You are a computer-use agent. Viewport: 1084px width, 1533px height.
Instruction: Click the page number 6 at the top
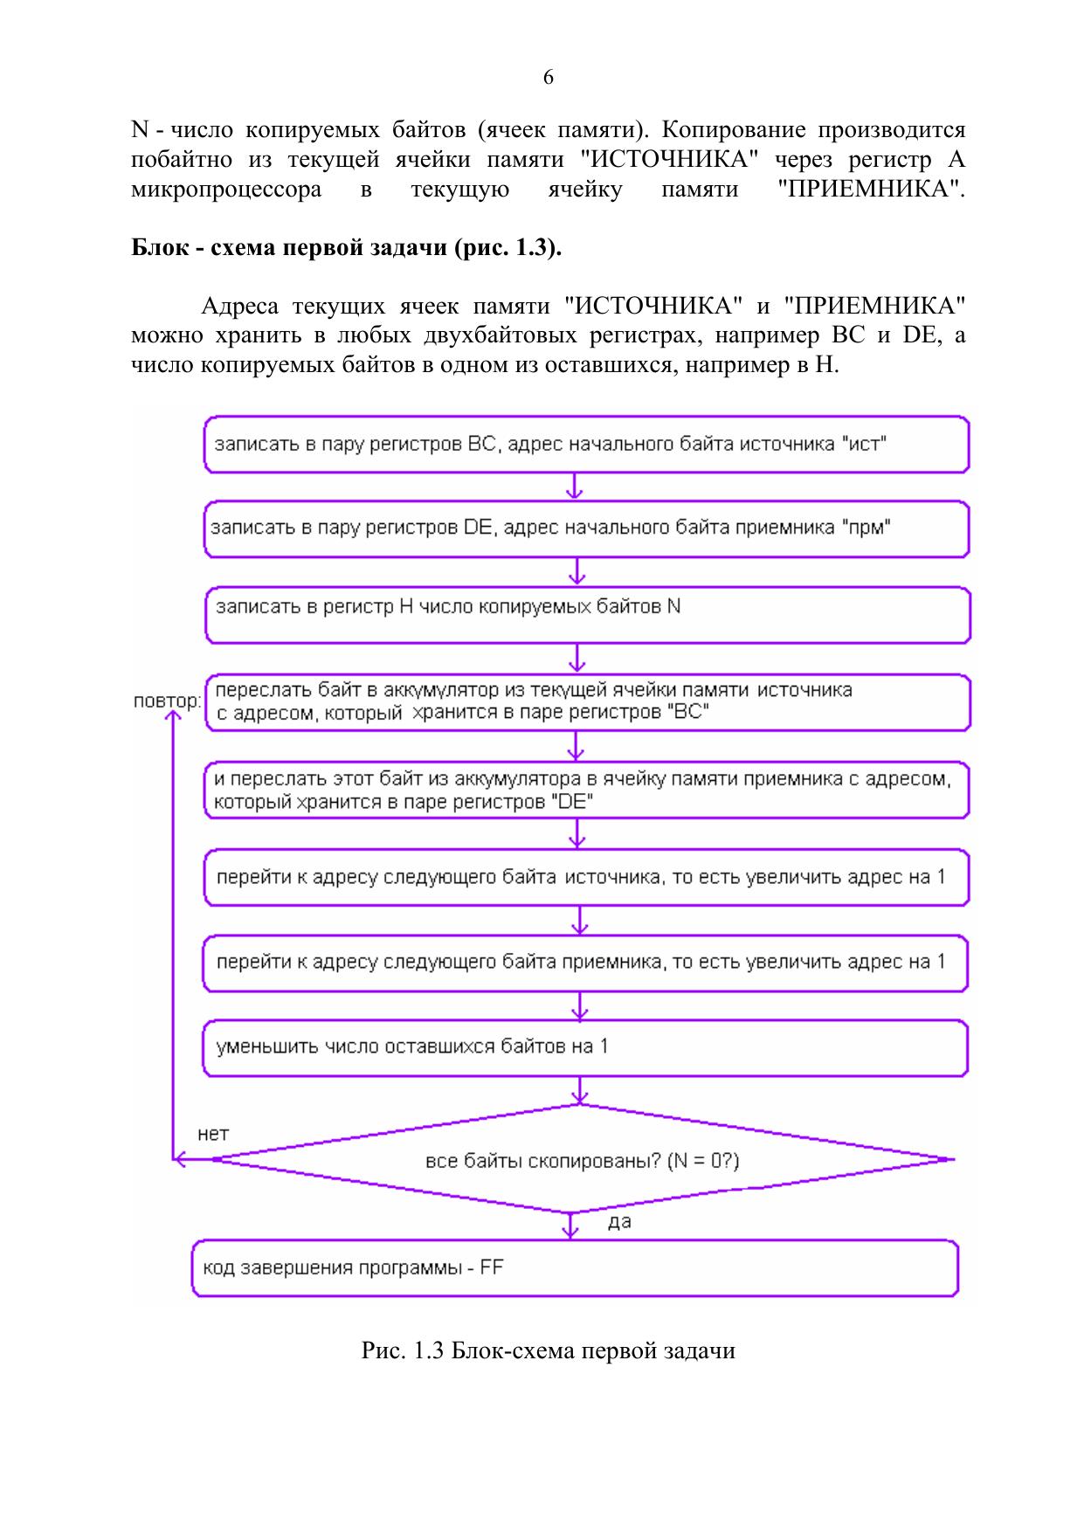[548, 78]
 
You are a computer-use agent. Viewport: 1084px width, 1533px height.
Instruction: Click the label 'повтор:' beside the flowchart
[166, 701]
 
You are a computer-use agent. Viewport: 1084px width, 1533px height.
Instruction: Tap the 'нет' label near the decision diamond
[213, 1134]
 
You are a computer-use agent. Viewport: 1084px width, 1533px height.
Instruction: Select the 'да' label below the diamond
[618, 1221]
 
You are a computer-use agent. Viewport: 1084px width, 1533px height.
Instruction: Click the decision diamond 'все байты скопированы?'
[583, 1160]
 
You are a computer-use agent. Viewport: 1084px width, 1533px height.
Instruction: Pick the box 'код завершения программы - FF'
[575, 1267]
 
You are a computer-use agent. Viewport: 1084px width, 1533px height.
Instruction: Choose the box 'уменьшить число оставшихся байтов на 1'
[585, 1046]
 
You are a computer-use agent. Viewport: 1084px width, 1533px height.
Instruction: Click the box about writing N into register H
[587, 614]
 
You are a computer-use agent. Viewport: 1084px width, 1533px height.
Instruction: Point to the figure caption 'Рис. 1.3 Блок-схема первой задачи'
[548, 1350]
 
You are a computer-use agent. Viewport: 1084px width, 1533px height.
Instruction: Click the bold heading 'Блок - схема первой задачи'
[346, 247]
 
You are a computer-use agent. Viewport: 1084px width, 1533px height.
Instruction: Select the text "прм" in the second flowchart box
[866, 528]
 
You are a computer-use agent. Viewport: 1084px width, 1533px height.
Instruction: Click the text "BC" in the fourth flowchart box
[687, 713]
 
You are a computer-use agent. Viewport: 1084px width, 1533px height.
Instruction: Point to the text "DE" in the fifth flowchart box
[573, 802]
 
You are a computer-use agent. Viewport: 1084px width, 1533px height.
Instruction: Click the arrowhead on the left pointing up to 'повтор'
[173, 715]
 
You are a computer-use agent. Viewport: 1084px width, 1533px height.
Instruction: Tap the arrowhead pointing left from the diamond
[180, 1160]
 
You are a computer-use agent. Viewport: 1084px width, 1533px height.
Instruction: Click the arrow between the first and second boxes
[575, 487]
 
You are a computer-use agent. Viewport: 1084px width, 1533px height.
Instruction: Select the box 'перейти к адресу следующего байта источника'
[585, 876]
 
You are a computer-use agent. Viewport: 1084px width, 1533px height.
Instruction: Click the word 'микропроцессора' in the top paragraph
[226, 190]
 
